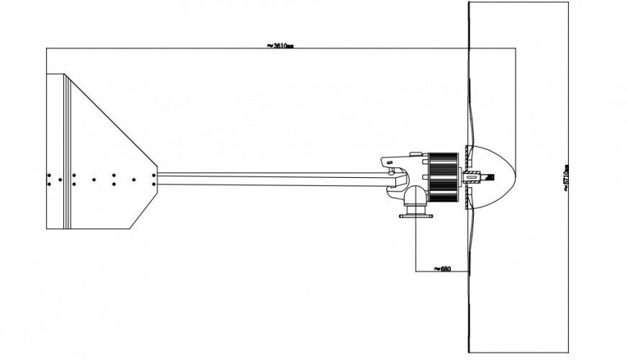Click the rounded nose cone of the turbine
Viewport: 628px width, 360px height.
click(x=504, y=177)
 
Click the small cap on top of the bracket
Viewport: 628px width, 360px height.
click(x=416, y=153)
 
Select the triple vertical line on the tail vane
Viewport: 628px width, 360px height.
click(x=68, y=151)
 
